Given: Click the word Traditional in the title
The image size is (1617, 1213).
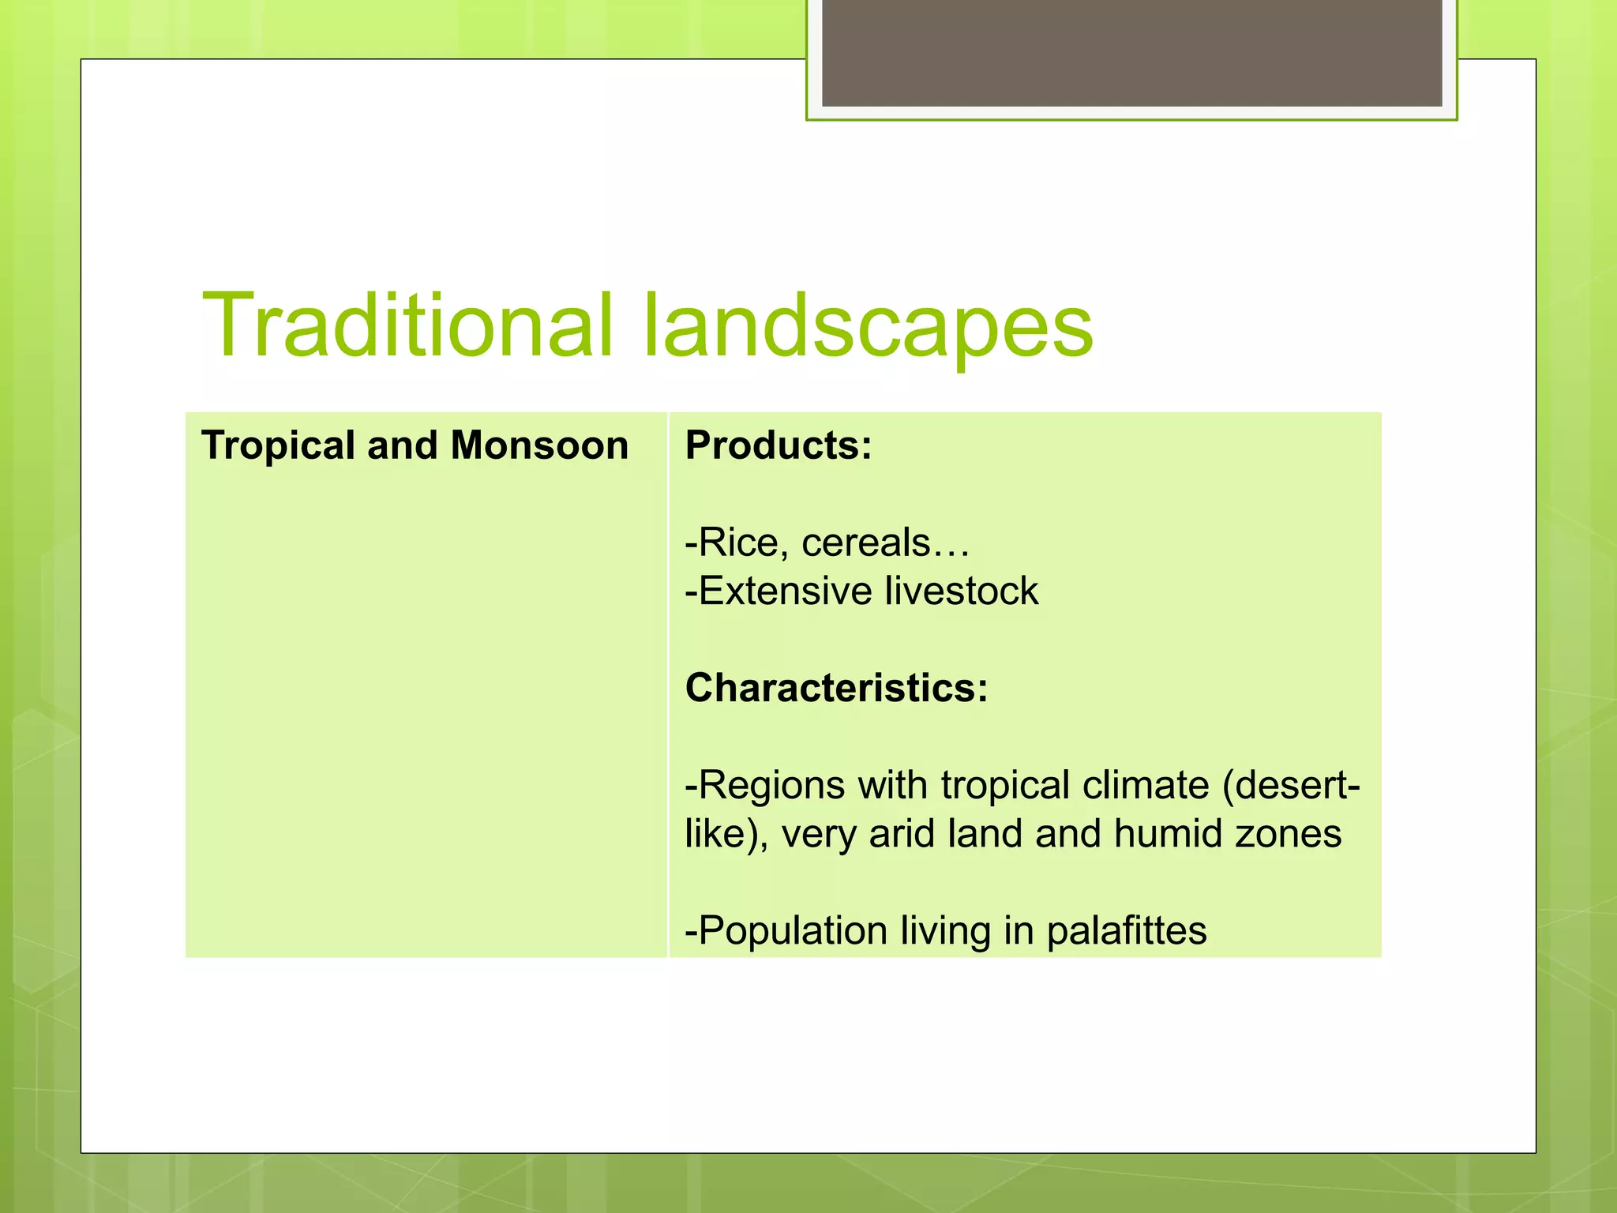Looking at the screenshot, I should pos(407,325).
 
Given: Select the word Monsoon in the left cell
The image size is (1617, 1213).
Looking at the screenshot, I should pos(539,445).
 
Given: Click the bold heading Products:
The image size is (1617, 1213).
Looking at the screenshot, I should pos(778,445).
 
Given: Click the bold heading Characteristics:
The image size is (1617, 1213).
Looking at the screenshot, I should pos(836,688).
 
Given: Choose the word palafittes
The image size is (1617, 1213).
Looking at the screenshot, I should pos(1127,931).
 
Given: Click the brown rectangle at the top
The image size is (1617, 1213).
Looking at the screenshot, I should pos(1131,52).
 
